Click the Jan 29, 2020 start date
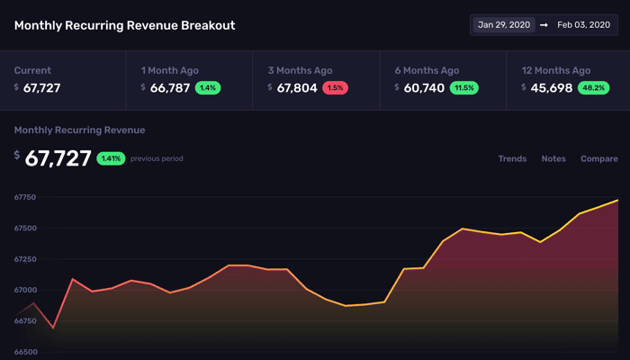click(504, 25)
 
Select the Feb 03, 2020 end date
click(583, 25)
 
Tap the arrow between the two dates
click(544, 25)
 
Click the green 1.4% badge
click(208, 87)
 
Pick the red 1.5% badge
click(335, 87)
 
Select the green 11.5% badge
click(464, 87)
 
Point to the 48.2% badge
click(593, 87)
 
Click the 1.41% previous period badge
click(111, 158)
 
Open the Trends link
click(512, 158)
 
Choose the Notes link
click(553, 158)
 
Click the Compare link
click(599, 158)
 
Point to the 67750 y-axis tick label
click(25, 197)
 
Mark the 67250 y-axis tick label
click(25, 259)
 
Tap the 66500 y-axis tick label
click(25, 352)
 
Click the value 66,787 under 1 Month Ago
click(170, 88)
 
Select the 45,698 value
click(551, 88)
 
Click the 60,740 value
click(424, 88)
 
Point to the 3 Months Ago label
click(300, 70)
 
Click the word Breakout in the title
click(208, 25)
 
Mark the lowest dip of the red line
click(53, 328)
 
